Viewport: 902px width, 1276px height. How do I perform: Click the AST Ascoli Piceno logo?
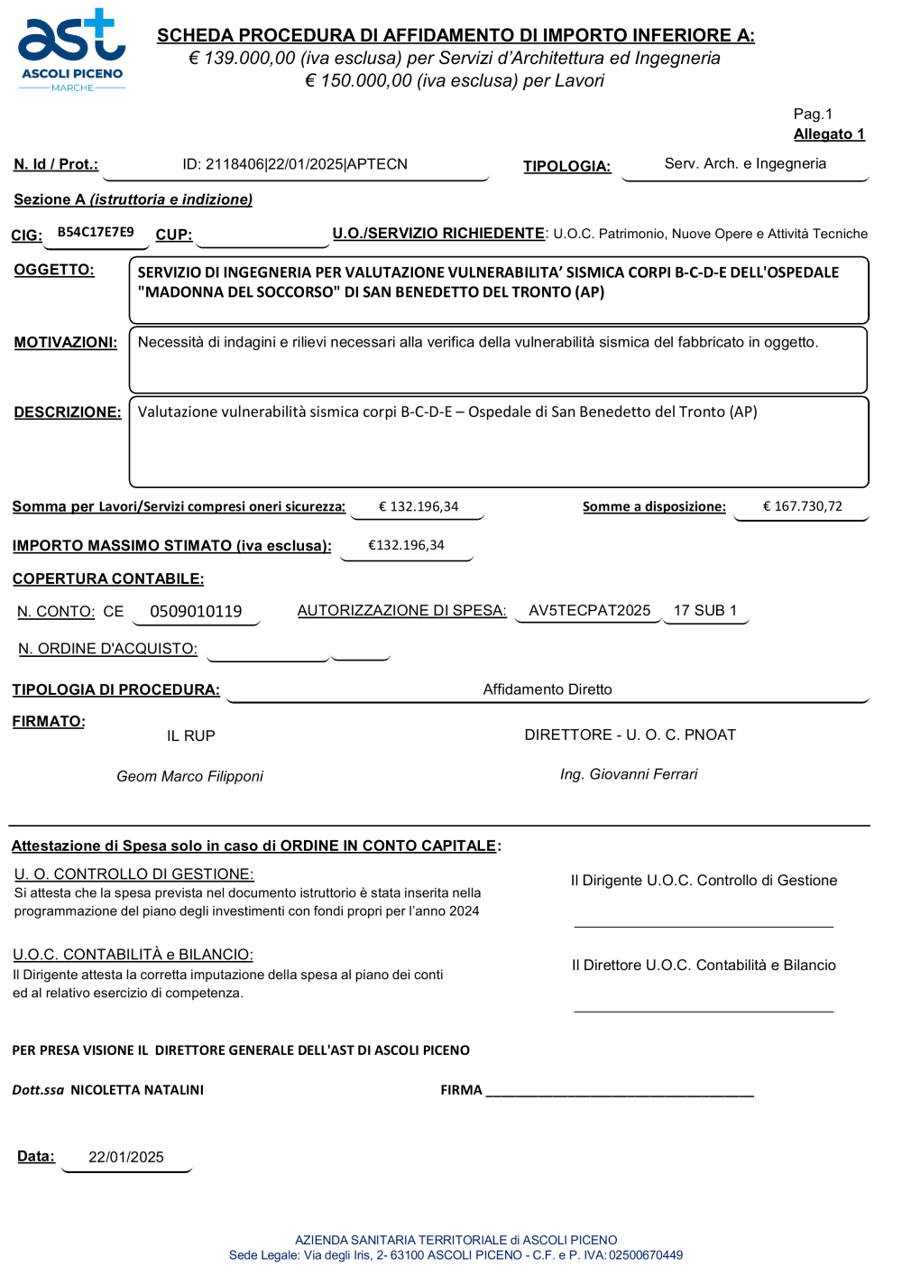click(x=72, y=51)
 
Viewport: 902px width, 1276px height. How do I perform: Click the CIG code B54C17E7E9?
click(x=96, y=232)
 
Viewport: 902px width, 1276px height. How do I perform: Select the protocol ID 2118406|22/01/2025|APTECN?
click(x=295, y=164)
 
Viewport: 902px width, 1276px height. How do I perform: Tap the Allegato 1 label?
click(x=829, y=134)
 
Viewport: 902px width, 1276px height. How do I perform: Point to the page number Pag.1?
click(x=813, y=114)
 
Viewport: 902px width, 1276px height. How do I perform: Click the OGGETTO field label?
click(x=54, y=270)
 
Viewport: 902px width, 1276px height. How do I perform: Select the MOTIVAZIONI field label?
click(x=66, y=343)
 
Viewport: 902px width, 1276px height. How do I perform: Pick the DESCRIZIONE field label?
click(x=68, y=412)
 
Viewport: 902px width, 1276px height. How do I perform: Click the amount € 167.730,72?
click(x=803, y=506)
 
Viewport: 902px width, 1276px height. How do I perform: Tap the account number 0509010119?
click(x=196, y=612)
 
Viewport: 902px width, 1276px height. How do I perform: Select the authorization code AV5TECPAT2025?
click(x=589, y=611)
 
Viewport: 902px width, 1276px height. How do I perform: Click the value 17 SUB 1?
click(x=705, y=611)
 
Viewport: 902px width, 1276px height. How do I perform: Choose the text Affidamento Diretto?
click(x=548, y=689)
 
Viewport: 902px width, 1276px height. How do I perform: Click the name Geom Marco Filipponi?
click(x=189, y=776)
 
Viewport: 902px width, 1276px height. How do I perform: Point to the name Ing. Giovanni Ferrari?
click(x=629, y=774)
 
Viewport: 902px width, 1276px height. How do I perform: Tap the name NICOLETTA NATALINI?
click(x=137, y=1090)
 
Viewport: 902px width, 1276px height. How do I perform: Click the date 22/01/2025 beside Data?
click(x=126, y=1158)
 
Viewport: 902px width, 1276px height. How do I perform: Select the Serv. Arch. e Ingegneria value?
click(x=745, y=163)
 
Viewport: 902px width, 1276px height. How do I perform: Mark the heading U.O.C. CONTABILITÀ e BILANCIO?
click(x=133, y=955)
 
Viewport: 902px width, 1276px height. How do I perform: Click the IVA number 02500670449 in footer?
click(x=646, y=1255)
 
